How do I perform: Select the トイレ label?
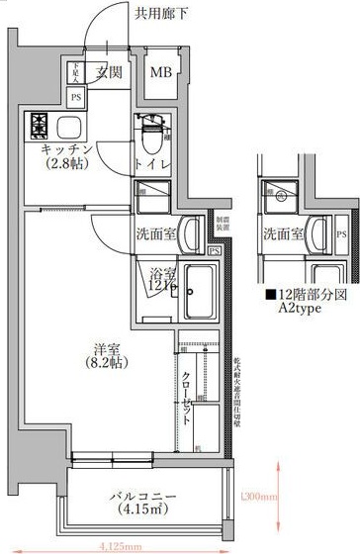151,163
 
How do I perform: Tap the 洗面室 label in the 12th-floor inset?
284,235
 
